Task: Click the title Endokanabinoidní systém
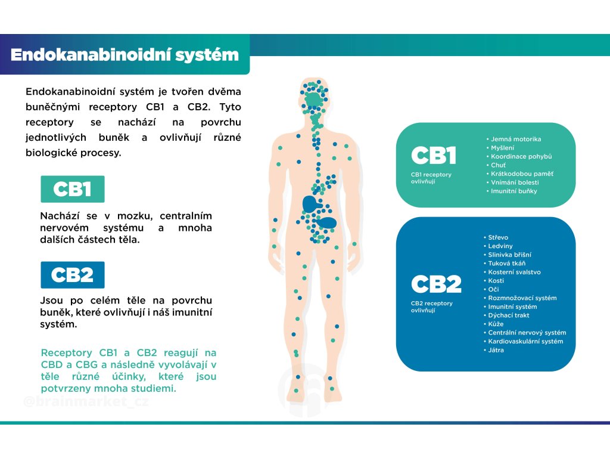point(125,55)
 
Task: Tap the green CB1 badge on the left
point(72,189)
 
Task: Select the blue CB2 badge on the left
point(72,274)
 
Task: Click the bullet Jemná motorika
point(513,139)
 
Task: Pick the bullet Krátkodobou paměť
point(519,174)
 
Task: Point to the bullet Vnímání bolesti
point(512,182)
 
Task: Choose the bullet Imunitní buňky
point(512,191)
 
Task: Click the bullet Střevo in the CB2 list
point(496,237)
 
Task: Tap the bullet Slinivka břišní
point(508,255)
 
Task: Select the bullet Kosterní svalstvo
point(512,272)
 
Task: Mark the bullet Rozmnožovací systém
point(519,298)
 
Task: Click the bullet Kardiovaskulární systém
point(523,341)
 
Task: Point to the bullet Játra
point(493,349)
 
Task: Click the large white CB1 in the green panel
point(434,156)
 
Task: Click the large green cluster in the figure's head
point(314,100)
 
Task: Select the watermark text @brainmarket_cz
point(86,401)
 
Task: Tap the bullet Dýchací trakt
point(506,315)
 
